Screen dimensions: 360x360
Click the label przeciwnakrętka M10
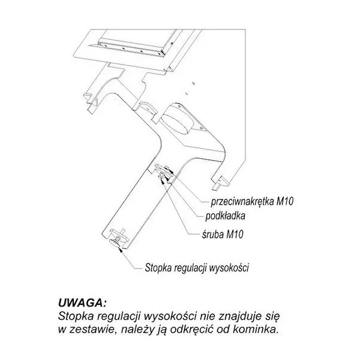(252, 202)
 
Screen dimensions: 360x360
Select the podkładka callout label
(225, 216)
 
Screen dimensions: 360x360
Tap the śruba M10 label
(223, 235)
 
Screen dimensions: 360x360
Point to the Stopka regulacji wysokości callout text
(197, 268)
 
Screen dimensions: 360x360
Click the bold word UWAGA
(83, 303)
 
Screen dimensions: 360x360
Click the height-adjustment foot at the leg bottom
(118, 237)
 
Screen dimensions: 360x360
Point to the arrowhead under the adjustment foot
(120, 250)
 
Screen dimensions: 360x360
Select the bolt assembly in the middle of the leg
(164, 172)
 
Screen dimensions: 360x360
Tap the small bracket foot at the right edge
(220, 183)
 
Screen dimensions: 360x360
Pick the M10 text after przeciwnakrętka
(285, 202)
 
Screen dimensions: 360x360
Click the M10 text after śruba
(235, 235)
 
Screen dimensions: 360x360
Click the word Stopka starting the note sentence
(76, 317)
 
